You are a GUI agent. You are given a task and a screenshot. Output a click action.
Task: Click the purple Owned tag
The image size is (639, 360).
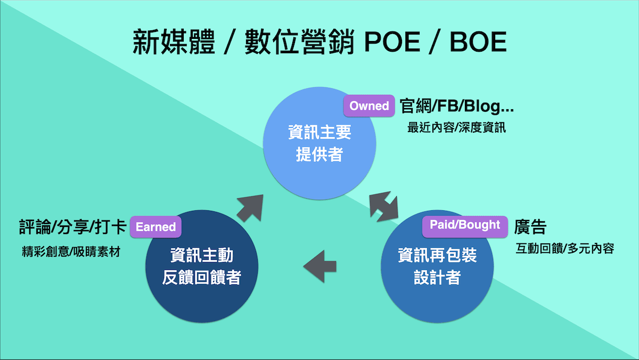(x=369, y=106)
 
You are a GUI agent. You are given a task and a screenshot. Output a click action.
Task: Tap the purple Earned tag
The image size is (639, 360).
(x=155, y=227)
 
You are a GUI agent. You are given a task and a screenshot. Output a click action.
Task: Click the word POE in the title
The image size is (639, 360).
(x=392, y=42)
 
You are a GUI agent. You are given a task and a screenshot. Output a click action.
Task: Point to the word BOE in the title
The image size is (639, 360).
(x=478, y=42)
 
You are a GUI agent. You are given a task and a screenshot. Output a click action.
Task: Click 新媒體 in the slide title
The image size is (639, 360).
(x=174, y=42)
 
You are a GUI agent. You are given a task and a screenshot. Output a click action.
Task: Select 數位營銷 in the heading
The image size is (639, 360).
(x=299, y=42)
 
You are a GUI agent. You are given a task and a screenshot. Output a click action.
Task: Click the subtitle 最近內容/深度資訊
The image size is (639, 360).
(x=456, y=127)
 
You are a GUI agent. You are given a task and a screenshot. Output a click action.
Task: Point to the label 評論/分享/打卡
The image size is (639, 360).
(x=73, y=227)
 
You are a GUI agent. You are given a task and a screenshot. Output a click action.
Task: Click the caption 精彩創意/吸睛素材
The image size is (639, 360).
(x=71, y=251)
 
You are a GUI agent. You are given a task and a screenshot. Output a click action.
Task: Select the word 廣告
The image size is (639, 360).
(x=530, y=227)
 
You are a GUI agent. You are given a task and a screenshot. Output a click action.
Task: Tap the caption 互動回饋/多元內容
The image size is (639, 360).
(x=565, y=249)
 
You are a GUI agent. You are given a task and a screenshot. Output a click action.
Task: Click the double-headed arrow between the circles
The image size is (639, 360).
(x=384, y=207)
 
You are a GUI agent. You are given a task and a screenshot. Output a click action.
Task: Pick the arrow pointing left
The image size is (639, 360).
(x=320, y=266)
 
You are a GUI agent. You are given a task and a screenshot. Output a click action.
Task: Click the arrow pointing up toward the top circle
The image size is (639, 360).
(x=250, y=208)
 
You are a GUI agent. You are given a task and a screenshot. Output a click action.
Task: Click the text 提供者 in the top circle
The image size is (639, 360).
(x=319, y=154)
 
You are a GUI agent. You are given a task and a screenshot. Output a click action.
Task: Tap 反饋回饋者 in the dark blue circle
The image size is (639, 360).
(x=202, y=277)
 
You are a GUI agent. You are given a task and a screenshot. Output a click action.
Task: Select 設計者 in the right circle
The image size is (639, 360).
(x=437, y=277)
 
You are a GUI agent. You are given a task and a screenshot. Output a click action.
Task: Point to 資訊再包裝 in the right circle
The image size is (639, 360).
(x=437, y=255)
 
